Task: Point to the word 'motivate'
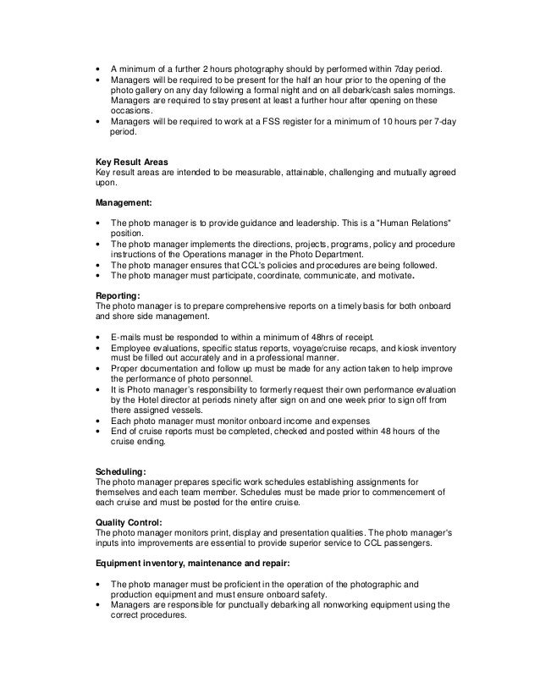[x=392, y=274]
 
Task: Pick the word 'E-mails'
[x=127, y=336]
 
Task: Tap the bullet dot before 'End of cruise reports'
[x=100, y=431]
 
